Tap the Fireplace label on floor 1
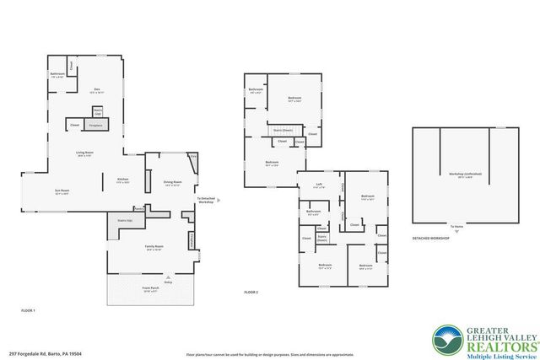(x=95, y=125)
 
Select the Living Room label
(x=84, y=153)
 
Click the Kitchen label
(x=121, y=179)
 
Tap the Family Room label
(x=154, y=247)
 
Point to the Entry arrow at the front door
(x=167, y=277)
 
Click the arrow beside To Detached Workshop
(x=218, y=201)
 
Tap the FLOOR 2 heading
(x=251, y=292)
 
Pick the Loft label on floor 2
(x=319, y=185)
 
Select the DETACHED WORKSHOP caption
(x=430, y=239)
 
